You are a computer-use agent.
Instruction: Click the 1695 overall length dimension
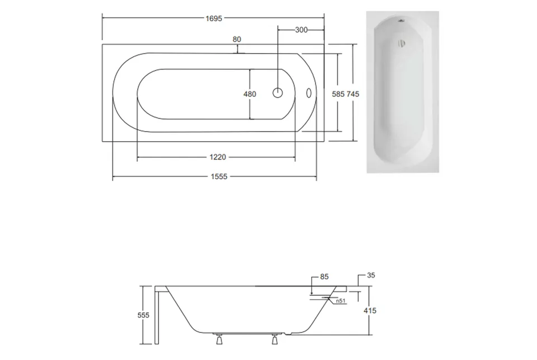click(x=214, y=18)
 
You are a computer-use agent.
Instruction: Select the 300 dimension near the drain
click(x=301, y=30)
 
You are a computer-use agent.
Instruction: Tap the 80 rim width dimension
click(x=237, y=39)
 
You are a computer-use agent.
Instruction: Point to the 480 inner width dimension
click(x=249, y=94)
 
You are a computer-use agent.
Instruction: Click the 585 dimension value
click(x=338, y=94)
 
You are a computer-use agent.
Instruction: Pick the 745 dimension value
click(x=353, y=94)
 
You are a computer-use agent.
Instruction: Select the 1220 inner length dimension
click(x=218, y=157)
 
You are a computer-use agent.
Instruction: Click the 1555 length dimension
click(x=219, y=176)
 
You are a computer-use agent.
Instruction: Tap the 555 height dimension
click(x=144, y=315)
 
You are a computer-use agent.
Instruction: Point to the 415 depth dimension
click(x=370, y=311)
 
